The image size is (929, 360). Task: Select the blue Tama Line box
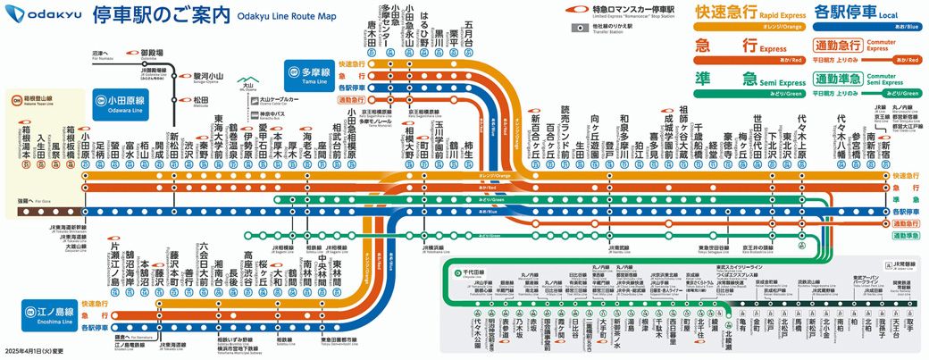click(x=307, y=72)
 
